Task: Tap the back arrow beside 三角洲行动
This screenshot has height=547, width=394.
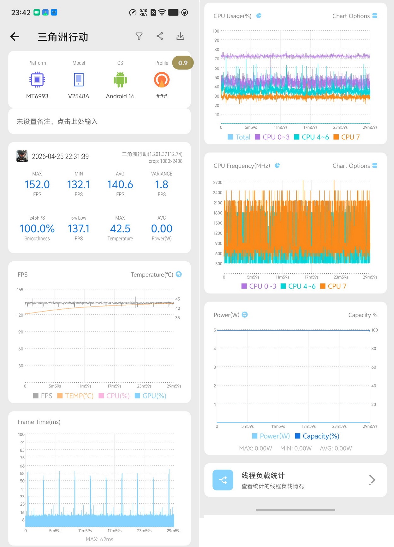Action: click(15, 37)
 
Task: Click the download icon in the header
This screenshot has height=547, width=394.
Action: click(180, 36)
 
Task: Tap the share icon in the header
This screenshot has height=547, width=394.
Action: click(160, 36)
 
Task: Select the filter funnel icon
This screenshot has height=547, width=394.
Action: click(139, 36)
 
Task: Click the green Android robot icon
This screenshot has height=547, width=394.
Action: click(120, 80)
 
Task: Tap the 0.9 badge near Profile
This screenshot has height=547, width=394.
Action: click(183, 63)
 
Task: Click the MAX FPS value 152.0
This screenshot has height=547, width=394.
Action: click(37, 185)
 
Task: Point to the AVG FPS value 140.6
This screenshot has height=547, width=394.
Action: click(120, 185)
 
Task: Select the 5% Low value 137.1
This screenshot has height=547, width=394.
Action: click(79, 228)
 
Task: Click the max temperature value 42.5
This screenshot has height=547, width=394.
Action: click(120, 228)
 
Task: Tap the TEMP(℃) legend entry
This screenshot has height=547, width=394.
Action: click(75, 396)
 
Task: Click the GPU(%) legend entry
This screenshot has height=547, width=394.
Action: click(151, 396)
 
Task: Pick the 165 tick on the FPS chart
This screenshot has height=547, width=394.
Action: click(20, 290)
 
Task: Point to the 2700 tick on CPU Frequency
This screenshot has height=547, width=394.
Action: click(218, 182)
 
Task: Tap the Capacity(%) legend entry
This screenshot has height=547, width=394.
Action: click(317, 436)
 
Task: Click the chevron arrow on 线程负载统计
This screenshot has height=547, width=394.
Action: click(372, 480)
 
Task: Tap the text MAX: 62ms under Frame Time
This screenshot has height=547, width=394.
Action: click(99, 539)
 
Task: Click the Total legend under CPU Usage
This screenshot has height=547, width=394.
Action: click(239, 137)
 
